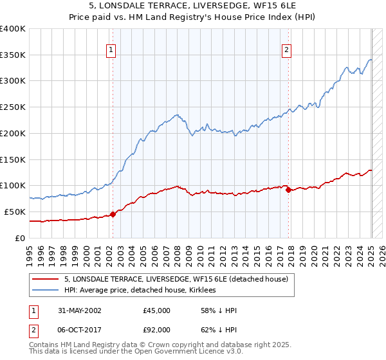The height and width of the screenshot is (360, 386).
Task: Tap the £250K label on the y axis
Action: pos(13,107)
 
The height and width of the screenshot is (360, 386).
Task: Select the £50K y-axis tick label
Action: pos(15,212)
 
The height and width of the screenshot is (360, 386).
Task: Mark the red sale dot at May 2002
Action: pos(113,214)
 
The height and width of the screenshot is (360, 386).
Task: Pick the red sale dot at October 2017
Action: pos(288,190)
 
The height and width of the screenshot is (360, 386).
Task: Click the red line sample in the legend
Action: pos(46,279)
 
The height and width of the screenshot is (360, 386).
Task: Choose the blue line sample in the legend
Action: pos(46,290)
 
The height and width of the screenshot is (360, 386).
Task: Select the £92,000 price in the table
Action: pos(157,330)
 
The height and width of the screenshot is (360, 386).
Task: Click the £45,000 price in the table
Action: pos(157,310)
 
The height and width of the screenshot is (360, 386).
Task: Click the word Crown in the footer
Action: pos(161,345)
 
